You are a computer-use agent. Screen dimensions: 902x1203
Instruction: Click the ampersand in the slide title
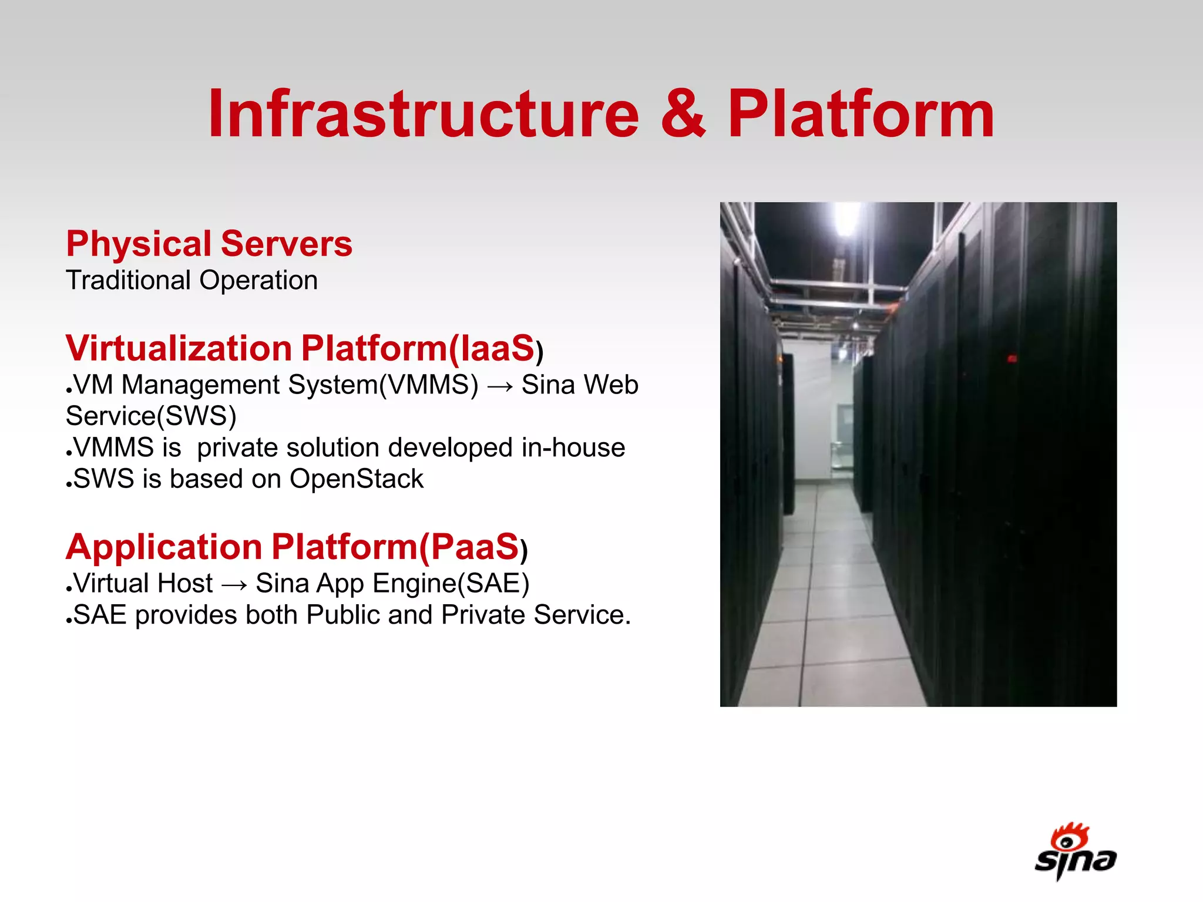click(x=683, y=115)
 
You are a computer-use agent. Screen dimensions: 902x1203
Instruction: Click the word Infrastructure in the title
click(x=423, y=115)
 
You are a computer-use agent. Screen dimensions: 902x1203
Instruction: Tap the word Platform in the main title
click(x=861, y=115)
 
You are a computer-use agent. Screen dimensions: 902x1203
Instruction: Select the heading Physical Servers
click(x=209, y=244)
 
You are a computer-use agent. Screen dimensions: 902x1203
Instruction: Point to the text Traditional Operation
click(x=191, y=280)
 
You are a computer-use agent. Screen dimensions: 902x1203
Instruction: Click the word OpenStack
click(x=356, y=479)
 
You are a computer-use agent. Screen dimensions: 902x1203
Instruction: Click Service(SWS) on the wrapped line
click(x=151, y=416)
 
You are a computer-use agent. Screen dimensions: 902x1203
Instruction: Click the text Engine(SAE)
click(x=451, y=584)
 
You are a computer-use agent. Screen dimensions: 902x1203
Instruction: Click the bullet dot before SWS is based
click(x=69, y=485)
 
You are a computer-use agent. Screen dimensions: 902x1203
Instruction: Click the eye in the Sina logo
click(x=1067, y=842)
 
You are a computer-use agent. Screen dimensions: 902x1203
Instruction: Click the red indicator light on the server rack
click(x=1012, y=358)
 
